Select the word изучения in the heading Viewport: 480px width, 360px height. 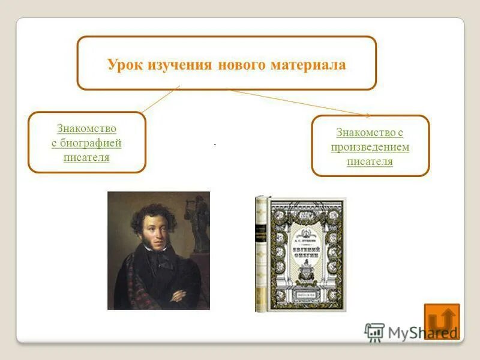(x=177, y=65)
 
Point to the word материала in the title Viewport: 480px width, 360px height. (x=309, y=65)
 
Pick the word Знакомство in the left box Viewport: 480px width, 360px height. (x=86, y=128)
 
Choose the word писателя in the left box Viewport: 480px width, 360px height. (x=86, y=157)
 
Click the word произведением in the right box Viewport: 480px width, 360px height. (x=370, y=147)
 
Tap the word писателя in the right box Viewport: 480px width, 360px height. (x=370, y=161)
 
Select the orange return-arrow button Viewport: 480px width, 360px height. (x=442, y=321)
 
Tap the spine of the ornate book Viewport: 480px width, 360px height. (x=261, y=253)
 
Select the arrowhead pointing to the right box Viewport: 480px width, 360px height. (x=366, y=114)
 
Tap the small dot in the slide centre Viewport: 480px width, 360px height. (x=214, y=145)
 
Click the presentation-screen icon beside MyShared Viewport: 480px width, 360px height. (x=374, y=332)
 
